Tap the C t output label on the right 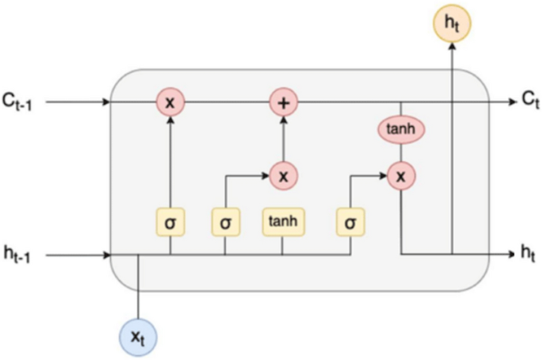(530, 101)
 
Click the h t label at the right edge (529, 255)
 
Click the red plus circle (282, 101)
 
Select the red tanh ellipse (400, 130)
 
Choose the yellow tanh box (282, 222)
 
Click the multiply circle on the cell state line (170, 101)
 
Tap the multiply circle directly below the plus (282, 174)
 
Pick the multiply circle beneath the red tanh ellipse (400, 175)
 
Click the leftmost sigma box (170, 222)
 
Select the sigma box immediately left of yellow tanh (225, 222)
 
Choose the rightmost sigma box (350, 222)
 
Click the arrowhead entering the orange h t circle (452, 47)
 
